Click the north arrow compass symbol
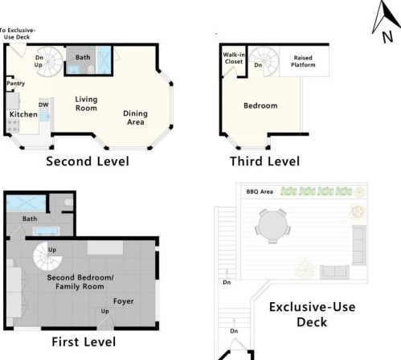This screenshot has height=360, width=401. [386, 22]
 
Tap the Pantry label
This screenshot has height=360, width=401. [15, 84]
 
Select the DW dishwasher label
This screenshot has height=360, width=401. [43, 104]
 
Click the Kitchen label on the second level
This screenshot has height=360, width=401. [23, 114]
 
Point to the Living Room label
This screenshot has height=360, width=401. [86, 104]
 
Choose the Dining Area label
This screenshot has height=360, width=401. [136, 117]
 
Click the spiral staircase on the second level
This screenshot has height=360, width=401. [49, 62]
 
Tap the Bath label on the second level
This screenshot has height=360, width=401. [83, 57]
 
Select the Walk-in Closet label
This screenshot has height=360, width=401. [234, 58]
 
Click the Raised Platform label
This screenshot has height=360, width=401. [303, 61]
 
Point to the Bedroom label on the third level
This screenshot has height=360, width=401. [260, 106]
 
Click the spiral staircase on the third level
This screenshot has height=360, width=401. [264, 62]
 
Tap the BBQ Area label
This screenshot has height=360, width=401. [260, 192]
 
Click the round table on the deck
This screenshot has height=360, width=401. [272, 226]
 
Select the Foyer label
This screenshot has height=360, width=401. [124, 301]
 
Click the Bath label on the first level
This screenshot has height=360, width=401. [30, 219]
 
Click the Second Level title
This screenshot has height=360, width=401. [88, 162]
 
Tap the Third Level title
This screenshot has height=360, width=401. [264, 162]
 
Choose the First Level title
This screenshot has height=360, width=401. [84, 342]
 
